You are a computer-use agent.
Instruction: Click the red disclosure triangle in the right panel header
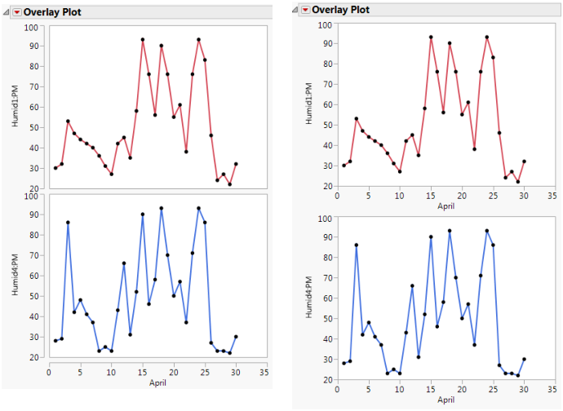[x=305, y=10]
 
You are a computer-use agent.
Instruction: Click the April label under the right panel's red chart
[x=446, y=206]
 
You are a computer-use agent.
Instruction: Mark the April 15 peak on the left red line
[x=143, y=39]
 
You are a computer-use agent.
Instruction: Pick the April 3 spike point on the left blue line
[x=68, y=222]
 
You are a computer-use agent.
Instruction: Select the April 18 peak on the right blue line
[x=450, y=231]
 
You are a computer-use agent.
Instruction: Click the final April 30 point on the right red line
[x=525, y=161]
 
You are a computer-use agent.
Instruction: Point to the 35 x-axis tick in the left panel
[x=263, y=373]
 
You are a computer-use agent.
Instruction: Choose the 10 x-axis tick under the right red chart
[x=400, y=197]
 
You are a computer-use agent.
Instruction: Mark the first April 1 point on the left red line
[x=55, y=168]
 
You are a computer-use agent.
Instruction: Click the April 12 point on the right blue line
[x=412, y=286]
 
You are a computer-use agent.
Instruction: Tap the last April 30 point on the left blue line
[x=236, y=336]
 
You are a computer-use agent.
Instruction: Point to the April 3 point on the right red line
[x=356, y=119]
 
